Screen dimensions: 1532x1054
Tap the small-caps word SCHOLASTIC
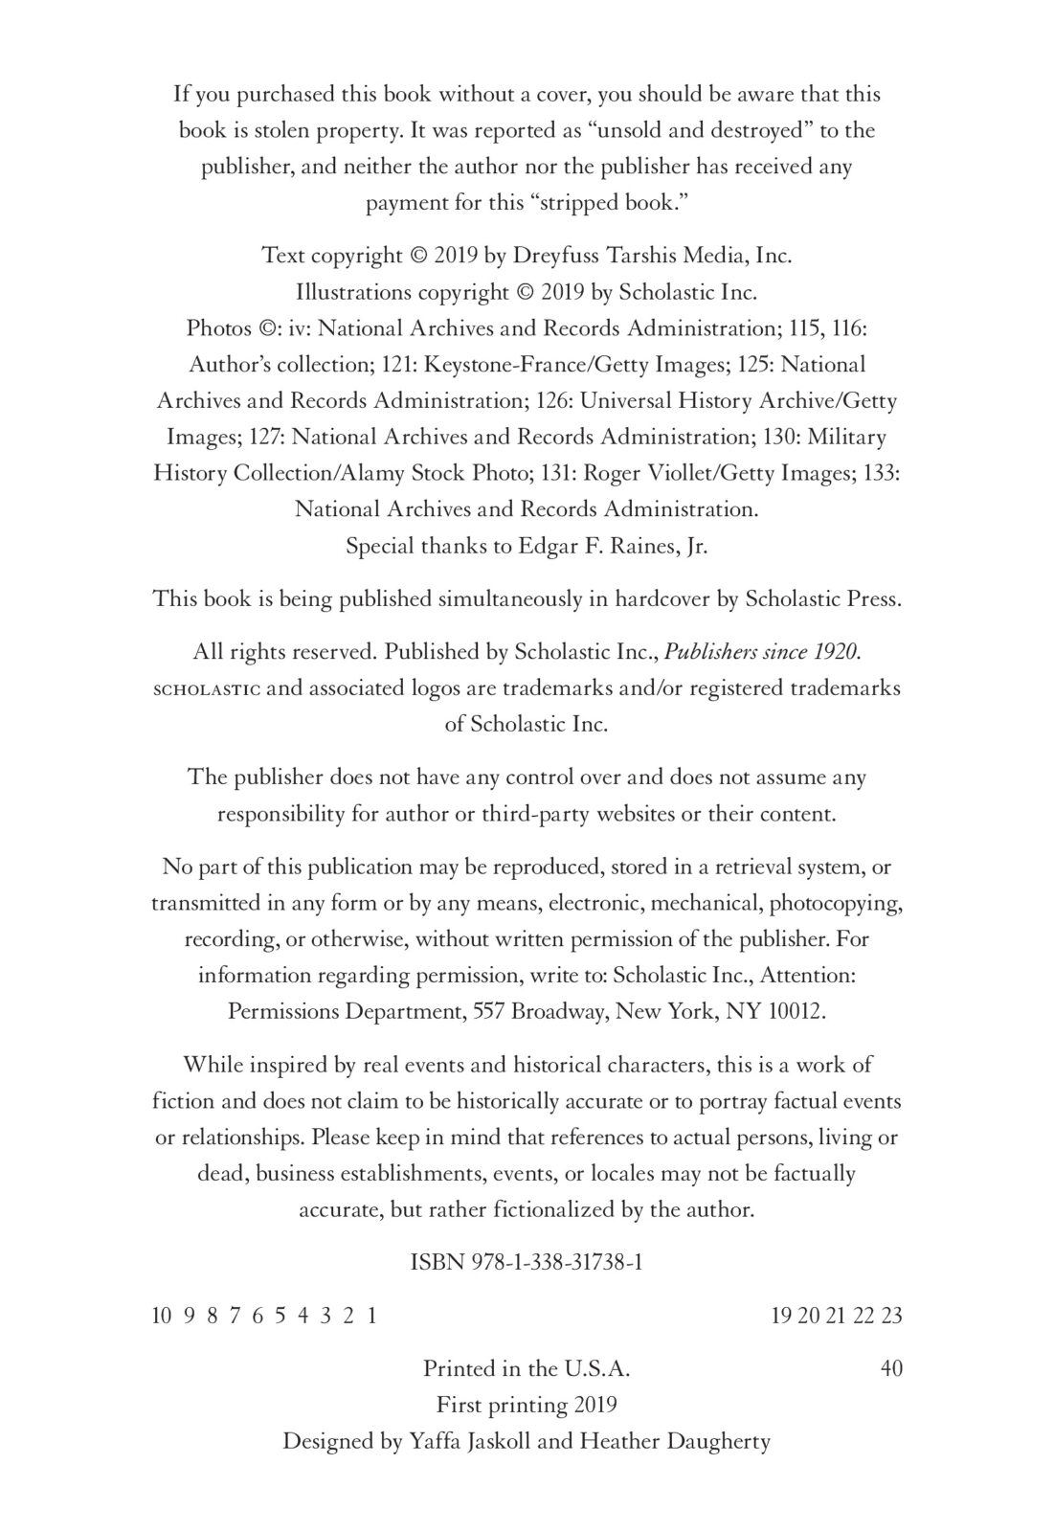(206, 689)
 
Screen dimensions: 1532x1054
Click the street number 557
(490, 1012)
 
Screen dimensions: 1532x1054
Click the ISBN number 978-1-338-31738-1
(557, 1262)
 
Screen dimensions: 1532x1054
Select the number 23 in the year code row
(891, 1316)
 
